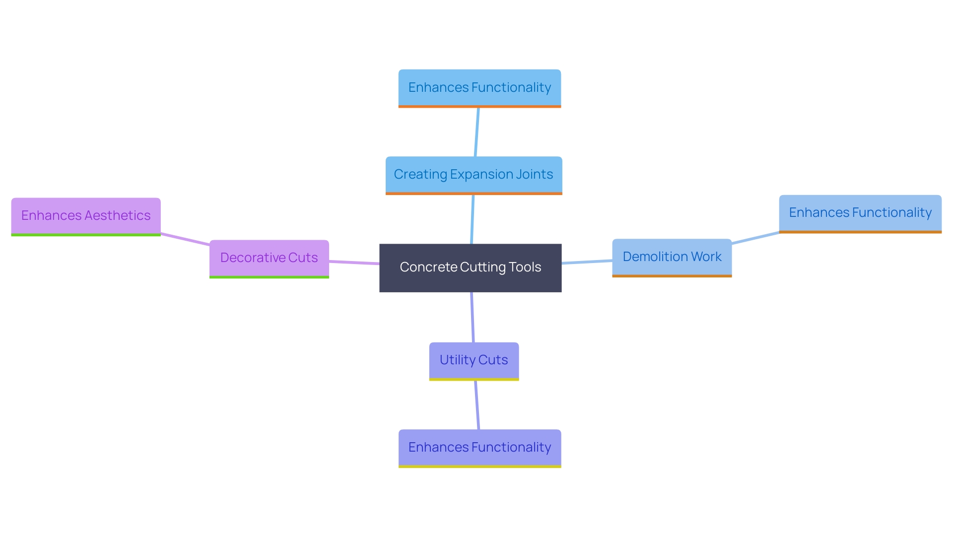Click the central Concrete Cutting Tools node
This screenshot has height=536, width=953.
click(x=470, y=268)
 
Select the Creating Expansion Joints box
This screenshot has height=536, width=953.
click(x=474, y=175)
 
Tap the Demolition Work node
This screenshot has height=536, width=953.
click(x=672, y=257)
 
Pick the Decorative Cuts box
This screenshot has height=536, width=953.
click(x=269, y=258)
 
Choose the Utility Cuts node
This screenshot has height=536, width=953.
click(x=474, y=360)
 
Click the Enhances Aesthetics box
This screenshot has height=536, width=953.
click(x=86, y=216)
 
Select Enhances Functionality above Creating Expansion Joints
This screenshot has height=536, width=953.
click(x=479, y=88)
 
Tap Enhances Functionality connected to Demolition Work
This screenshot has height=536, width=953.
click(x=860, y=213)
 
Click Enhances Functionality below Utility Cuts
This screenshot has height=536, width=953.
click(x=479, y=448)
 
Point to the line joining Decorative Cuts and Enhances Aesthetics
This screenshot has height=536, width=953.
click(x=185, y=239)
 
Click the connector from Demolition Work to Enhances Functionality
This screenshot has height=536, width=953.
click(x=755, y=238)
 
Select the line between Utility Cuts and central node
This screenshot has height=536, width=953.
click(x=473, y=318)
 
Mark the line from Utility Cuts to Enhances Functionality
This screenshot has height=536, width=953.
click(x=477, y=405)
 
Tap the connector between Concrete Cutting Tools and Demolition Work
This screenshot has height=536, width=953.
click(x=587, y=262)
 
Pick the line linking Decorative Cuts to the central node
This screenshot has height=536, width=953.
click(x=354, y=262)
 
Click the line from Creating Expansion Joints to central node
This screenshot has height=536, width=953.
click(x=472, y=219)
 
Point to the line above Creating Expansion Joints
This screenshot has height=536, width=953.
click(x=477, y=132)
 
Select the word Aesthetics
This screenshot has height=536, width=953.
click(x=117, y=216)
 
